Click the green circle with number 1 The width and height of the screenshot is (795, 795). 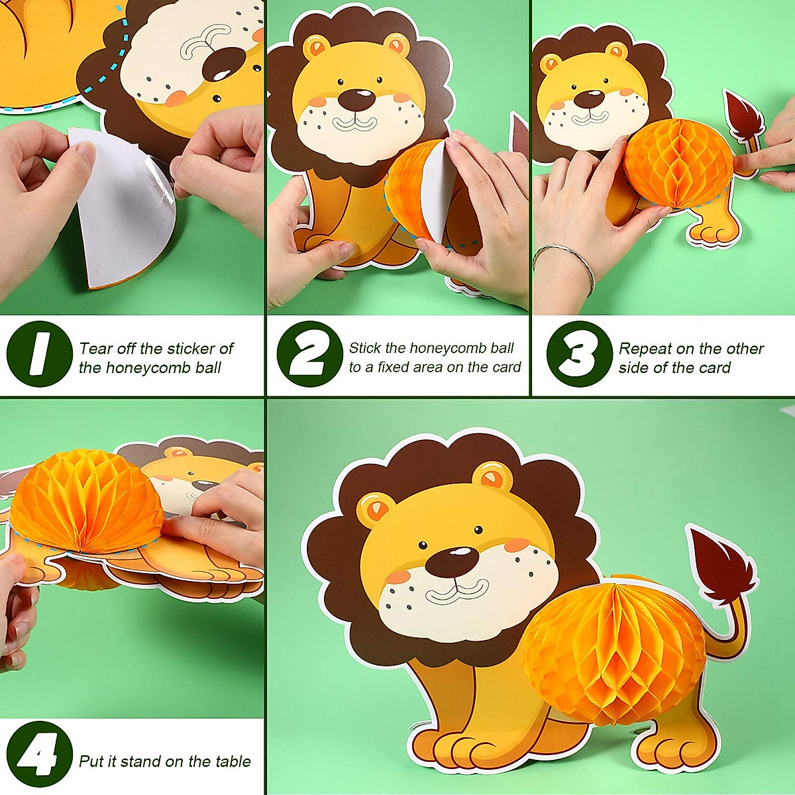point(39,354)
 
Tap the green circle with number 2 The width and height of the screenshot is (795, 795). point(309,354)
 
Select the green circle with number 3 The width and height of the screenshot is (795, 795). point(579,354)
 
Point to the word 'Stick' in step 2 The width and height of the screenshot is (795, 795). point(365,348)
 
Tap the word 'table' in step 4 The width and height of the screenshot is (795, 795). point(233,761)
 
